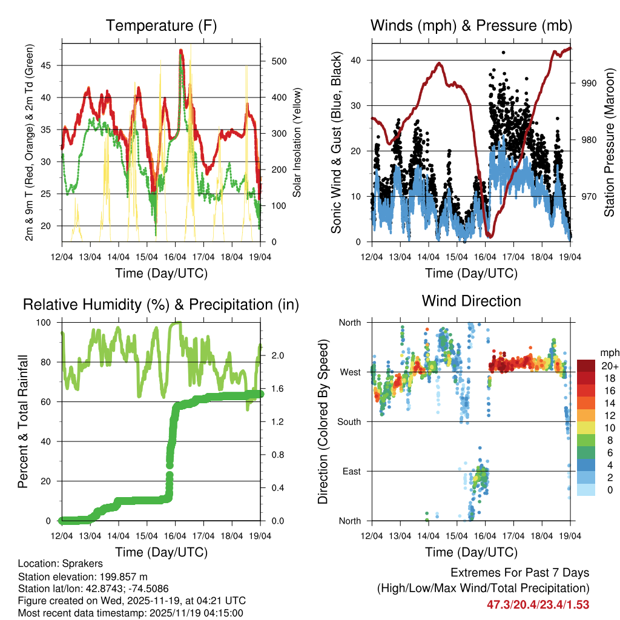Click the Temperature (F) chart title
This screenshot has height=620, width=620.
pos(161,26)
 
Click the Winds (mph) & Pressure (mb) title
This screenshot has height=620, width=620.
pos(471,26)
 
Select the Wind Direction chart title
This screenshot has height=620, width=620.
pos(471,301)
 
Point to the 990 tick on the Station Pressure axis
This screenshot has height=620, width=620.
pos(589,83)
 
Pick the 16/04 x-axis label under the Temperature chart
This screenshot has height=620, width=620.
pos(176,258)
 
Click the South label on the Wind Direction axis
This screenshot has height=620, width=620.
pos(349,421)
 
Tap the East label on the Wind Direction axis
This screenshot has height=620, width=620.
pos(351,471)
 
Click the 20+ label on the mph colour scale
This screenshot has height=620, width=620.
pos(608,366)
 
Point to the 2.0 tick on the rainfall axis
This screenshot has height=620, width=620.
pos(274,355)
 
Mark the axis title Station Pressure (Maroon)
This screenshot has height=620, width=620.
pos(609,142)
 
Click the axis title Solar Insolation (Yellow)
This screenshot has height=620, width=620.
pos(297,142)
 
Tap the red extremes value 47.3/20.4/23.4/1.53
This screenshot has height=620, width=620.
pos(538,604)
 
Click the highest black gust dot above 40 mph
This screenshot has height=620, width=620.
pos(503,53)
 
